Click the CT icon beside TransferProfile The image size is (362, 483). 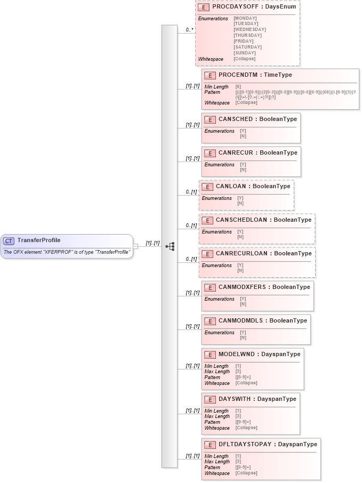click(9, 240)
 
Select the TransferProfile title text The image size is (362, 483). click(39, 240)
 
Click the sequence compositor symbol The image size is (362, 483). click(170, 246)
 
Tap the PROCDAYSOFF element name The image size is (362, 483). click(234, 8)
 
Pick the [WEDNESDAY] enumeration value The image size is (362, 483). click(250, 30)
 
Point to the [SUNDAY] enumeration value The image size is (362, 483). click(244, 53)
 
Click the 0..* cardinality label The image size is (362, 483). click(189, 30)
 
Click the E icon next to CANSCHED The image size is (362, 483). click(210, 119)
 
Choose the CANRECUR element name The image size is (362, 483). click(237, 153)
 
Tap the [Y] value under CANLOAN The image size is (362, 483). click(240, 198)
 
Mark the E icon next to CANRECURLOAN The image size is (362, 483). click(207, 254)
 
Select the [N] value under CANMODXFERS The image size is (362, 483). click(243, 304)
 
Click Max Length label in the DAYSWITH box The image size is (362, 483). click(217, 416)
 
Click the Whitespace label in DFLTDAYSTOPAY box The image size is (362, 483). click(216, 473)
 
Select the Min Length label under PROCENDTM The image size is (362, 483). click(216, 86)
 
